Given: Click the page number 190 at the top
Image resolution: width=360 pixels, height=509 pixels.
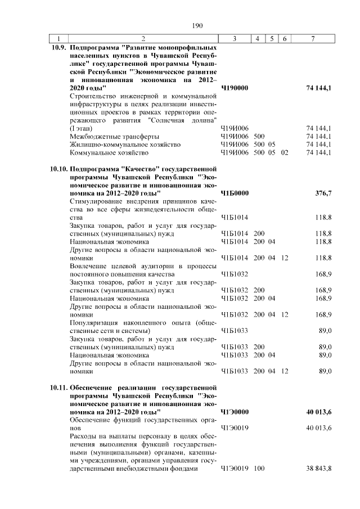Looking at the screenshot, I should tap(197, 25).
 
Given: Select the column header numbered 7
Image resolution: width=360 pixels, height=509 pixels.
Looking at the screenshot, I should tap(314, 38).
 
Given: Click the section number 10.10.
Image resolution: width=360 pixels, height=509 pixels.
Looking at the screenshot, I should tap(58, 169).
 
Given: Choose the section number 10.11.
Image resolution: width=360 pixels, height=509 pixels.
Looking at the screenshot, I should tap(58, 388).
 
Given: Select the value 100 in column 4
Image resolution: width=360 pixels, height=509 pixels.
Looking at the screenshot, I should tap(259, 469).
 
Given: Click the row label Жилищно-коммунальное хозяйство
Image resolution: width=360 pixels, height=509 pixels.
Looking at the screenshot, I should tap(125, 145).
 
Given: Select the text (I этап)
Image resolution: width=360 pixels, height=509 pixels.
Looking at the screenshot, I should tap(80, 129).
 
